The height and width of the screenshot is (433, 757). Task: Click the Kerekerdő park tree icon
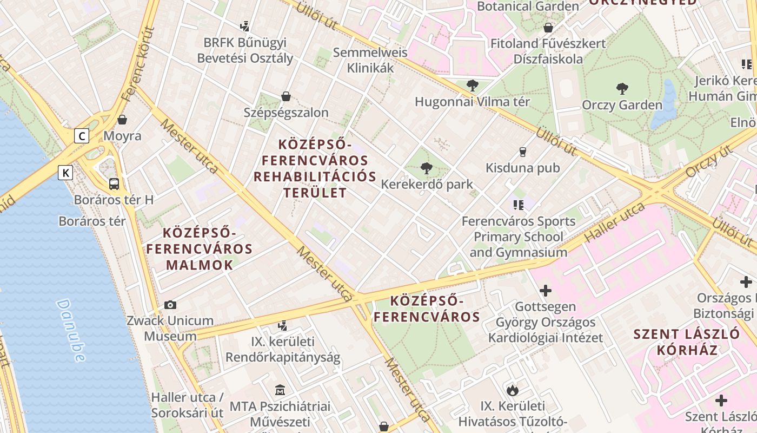pyautogui.click(x=427, y=168)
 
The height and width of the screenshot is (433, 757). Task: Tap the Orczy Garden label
pyautogui.click(x=622, y=105)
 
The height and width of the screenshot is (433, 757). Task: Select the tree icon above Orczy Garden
pyautogui.click(x=622, y=89)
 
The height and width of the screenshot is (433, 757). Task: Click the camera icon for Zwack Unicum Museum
pyautogui.click(x=170, y=305)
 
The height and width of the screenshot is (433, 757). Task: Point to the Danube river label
pyautogui.click(x=70, y=330)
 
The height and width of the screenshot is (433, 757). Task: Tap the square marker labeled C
pyautogui.click(x=81, y=135)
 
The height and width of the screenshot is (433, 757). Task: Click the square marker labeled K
pyautogui.click(x=65, y=173)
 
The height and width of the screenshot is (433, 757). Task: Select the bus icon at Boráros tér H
pyautogui.click(x=114, y=184)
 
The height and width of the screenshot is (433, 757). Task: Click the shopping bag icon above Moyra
pyautogui.click(x=122, y=120)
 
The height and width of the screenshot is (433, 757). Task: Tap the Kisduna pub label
pyautogui.click(x=522, y=168)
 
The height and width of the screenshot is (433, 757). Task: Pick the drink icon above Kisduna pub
pyautogui.click(x=522, y=152)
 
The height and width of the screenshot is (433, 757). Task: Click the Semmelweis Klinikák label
pyautogui.click(x=370, y=61)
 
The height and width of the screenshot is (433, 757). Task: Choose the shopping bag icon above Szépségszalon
pyautogui.click(x=286, y=97)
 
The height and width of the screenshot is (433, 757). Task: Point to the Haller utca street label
pyautogui.click(x=615, y=222)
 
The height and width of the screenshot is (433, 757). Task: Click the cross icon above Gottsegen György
pyautogui.click(x=546, y=291)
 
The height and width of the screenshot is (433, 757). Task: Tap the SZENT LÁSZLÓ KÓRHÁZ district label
pyautogui.click(x=687, y=342)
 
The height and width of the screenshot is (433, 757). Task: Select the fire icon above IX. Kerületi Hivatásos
pyautogui.click(x=512, y=390)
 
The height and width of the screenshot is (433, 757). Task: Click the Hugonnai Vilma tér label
pyautogui.click(x=472, y=102)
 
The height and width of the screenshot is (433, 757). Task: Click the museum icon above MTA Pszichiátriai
pyautogui.click(x=280, y=390)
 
